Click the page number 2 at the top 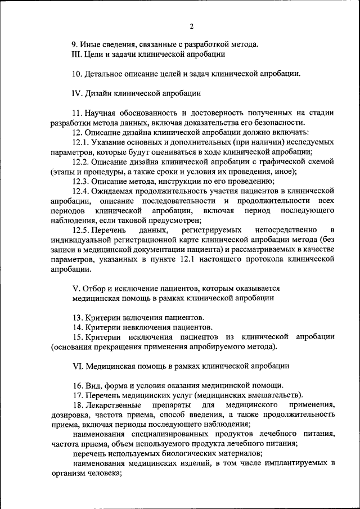pos(191,26)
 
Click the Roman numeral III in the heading pos(78,55)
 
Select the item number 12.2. pos(80,161)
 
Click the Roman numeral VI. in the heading pos(78,366)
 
